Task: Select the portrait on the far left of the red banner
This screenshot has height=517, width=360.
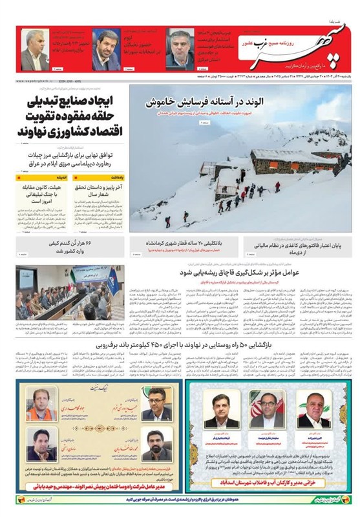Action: point(32,50)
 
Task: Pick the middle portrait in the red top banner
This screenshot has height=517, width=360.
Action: point(105,50)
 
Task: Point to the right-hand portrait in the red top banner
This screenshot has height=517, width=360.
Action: point(179,50)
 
